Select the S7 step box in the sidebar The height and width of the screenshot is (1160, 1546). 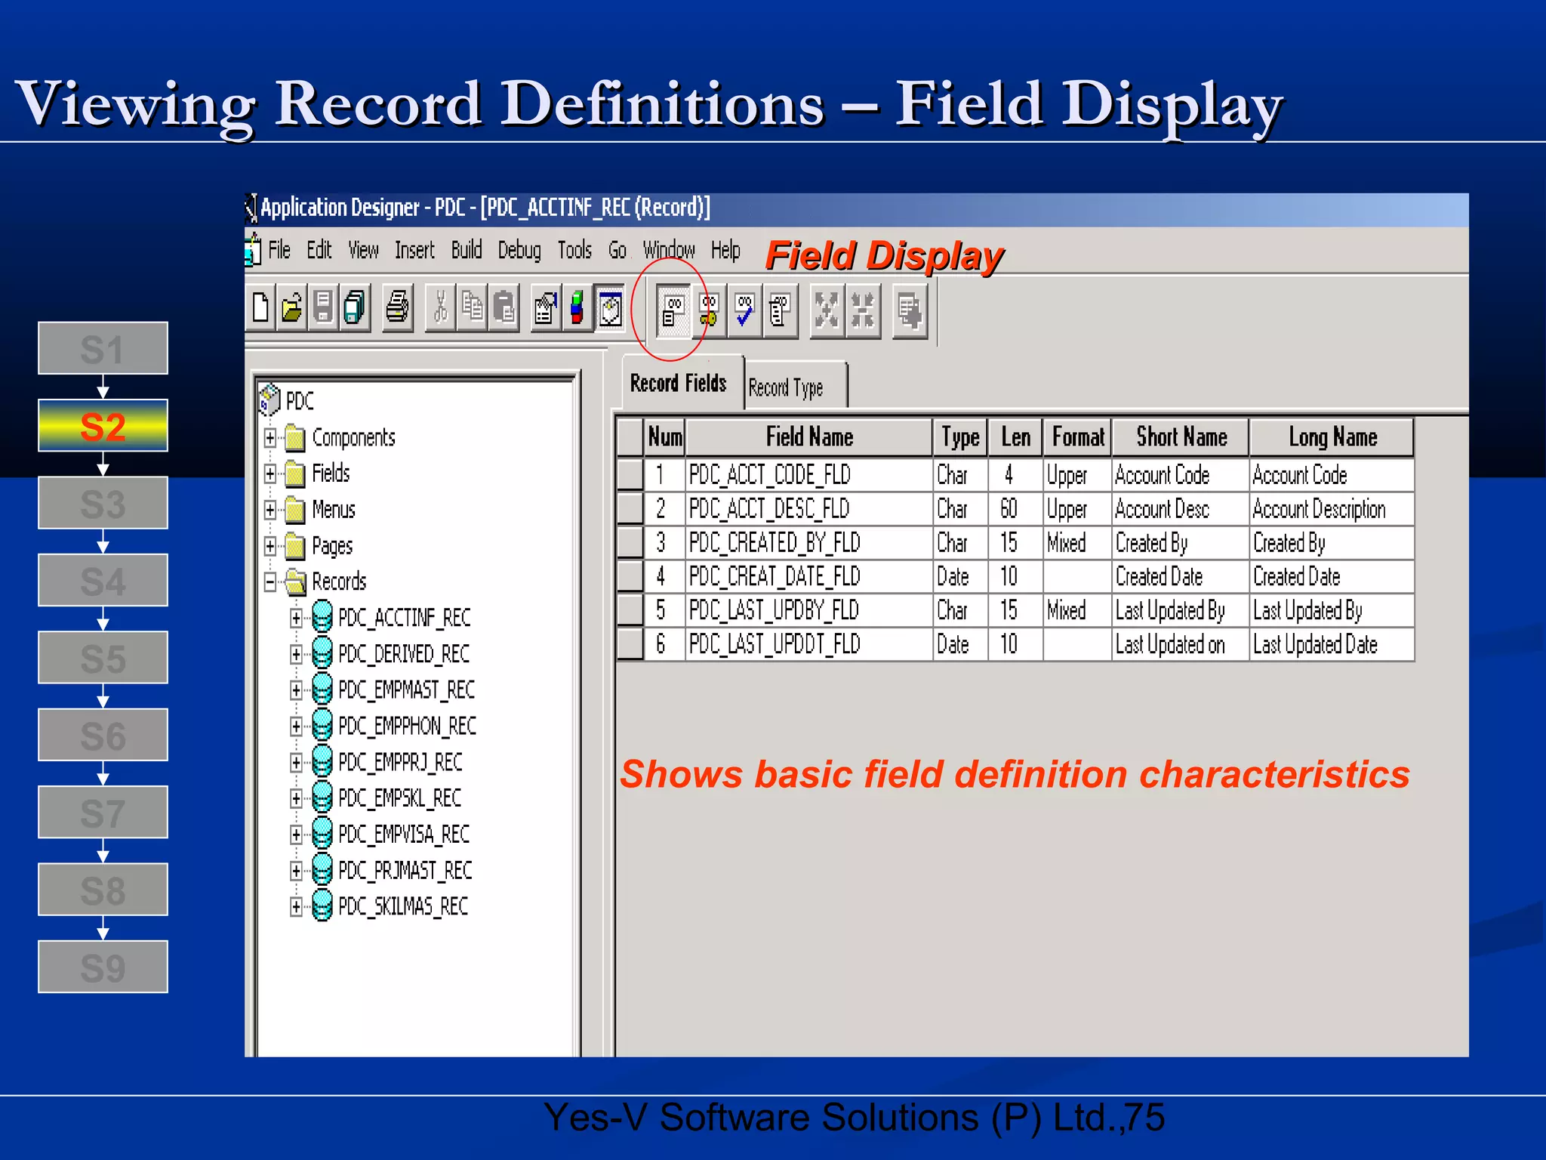click(103, 813)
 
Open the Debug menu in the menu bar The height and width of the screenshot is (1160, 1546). click(519, 250)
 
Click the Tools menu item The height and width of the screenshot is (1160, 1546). click(574, 250)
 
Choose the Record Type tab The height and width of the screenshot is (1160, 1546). click(786, 387)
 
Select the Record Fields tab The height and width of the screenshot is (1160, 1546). click(678, 384)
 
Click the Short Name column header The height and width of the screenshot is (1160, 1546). click(1181, 437)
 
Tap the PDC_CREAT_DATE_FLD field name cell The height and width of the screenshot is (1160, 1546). click(775, 577)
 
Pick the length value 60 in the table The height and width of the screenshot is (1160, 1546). click(1009, 509)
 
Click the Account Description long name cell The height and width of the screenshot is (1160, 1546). click(1319, 510)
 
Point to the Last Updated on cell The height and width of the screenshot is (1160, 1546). click(1170, 645)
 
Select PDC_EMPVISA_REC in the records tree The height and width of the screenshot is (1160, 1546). click(404, 835)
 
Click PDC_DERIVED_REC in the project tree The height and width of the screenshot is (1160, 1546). click(404, 654)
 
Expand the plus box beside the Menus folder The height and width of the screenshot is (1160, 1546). click(270, 510)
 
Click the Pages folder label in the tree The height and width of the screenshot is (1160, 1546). click(332, 546)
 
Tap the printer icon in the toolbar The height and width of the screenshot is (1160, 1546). click(398, 308)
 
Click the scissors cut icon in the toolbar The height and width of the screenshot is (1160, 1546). click(441, 308)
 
